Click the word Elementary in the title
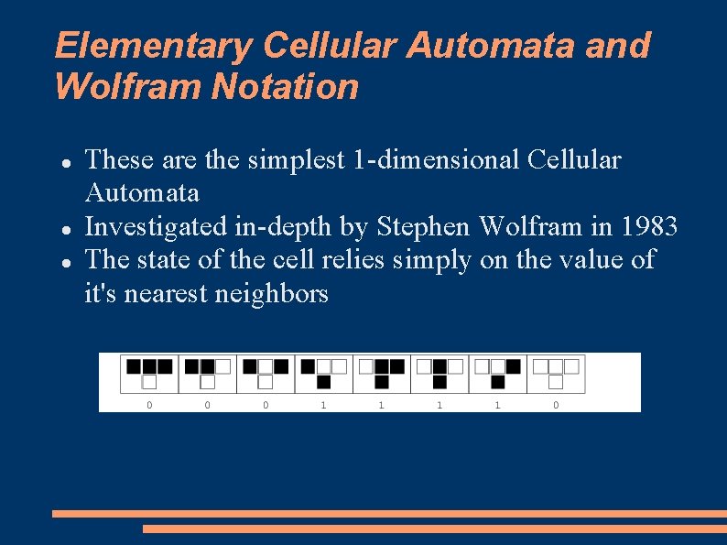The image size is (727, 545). pyautogui.click(x=153, y=45)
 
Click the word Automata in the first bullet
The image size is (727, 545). pyautogui.click(x=142, y=193)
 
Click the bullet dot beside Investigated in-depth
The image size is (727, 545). pyautogui.click(x=67, y=227)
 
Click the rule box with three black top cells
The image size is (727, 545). pyautogui.click(x=149, y=374)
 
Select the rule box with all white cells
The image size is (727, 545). pyautogui.click(x=556, y=374)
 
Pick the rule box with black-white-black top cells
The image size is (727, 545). pyautogui.click(x=266, y=374)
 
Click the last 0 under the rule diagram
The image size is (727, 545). pyautogui.click(x=556, y=404)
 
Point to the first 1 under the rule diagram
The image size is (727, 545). pyautogui.click(x=323, y=404)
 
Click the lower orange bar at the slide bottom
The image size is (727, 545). pyautogui.click(x=434, y=529)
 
